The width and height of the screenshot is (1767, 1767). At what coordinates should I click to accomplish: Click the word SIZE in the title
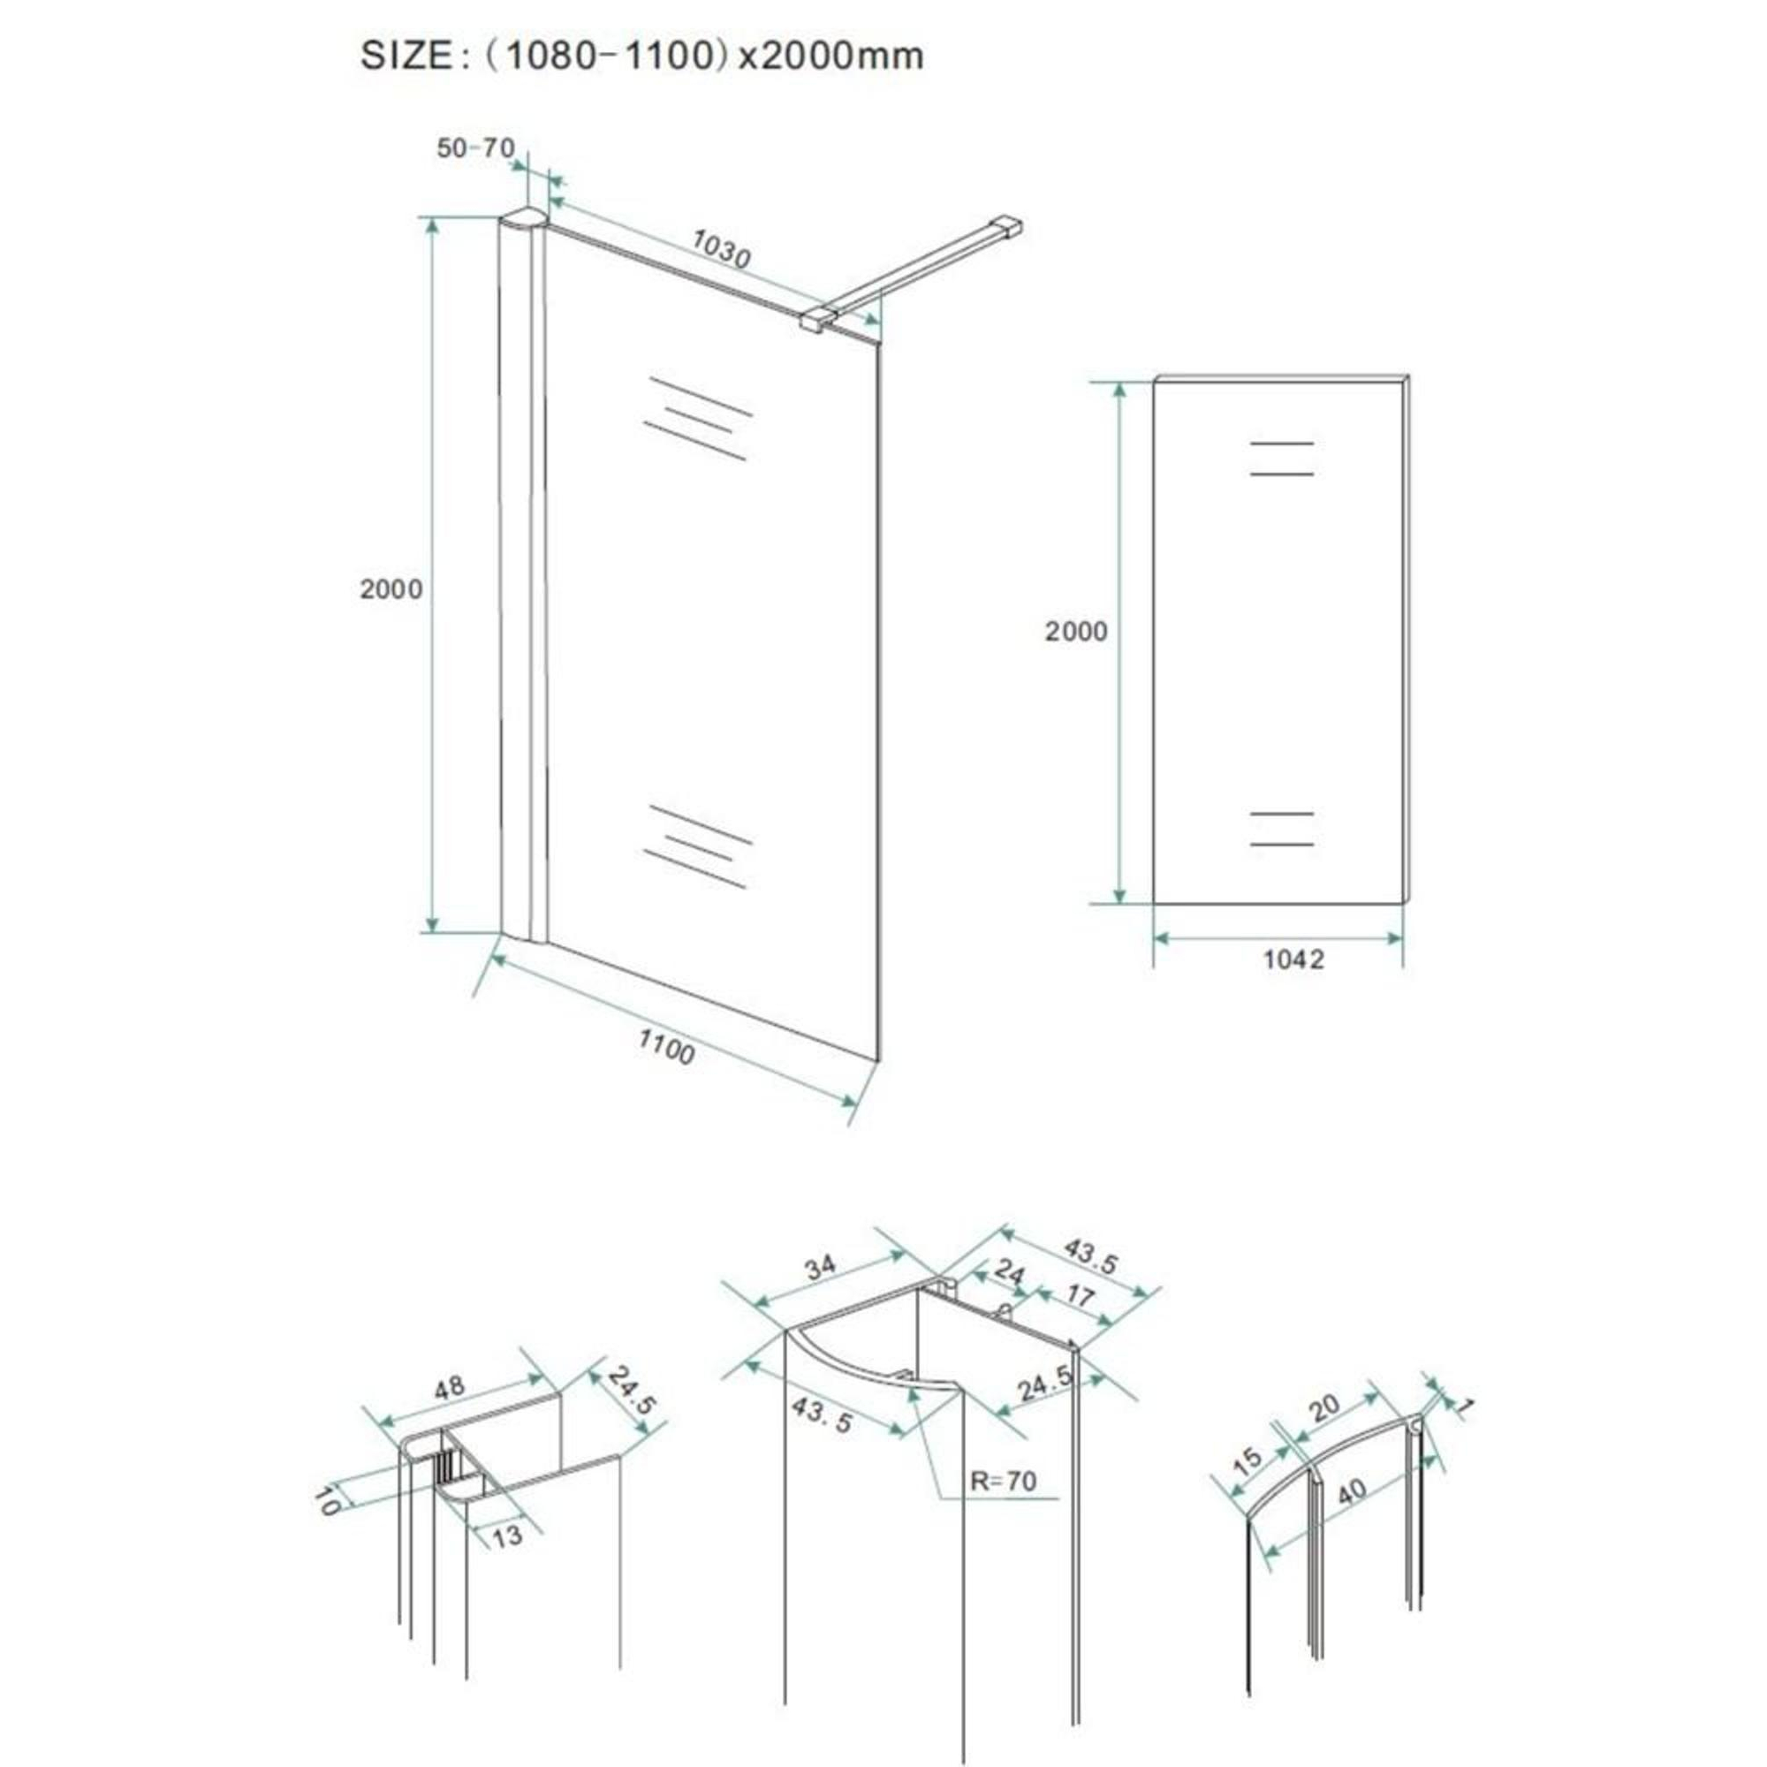[x=406, y=56]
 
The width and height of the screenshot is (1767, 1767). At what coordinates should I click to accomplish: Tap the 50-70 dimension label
[x=475, y=148]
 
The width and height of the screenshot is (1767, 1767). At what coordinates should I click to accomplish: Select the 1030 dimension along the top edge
[x=721, y=249]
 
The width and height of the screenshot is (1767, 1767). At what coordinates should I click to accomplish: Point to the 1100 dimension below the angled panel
[x=666, y=1046]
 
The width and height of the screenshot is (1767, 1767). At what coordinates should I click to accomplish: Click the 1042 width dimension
[x=1293, y=959]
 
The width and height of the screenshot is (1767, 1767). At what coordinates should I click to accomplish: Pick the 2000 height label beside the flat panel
[x=1075, y=631]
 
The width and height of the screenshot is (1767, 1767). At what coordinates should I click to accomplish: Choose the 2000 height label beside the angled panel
[x=391, y=589]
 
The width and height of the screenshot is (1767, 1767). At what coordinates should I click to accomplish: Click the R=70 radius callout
[x=1004, y=1481]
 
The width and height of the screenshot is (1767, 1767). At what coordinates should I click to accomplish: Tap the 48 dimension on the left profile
[x=448, y=1387]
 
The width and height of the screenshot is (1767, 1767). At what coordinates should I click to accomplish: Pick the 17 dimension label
[x=1081, y=1296]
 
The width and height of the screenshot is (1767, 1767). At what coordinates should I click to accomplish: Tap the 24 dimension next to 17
[x=1009, y=1271]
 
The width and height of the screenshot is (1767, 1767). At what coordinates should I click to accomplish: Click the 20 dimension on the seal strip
[x=1323, y=1407]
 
